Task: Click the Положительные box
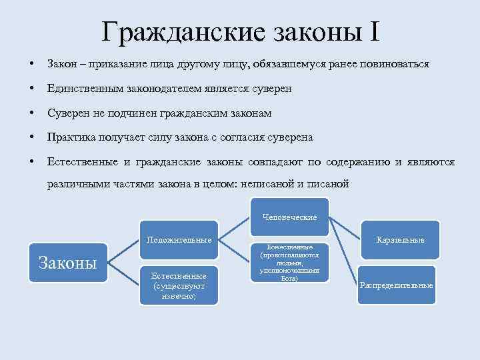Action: pyautogui.click(x=179, y=239)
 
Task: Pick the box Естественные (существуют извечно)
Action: pyautogui.click(x=179, y=285)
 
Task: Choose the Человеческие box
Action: pyautogui.click(x=289, y=217)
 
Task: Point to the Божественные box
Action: pyautogui.click(x=289, y=261)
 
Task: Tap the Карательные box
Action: pyautogui.click(x=400, y=239)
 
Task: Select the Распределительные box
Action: pyautogui.click(x=396, y=285)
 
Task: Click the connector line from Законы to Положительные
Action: pyautogui.click(x=123, y=251)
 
